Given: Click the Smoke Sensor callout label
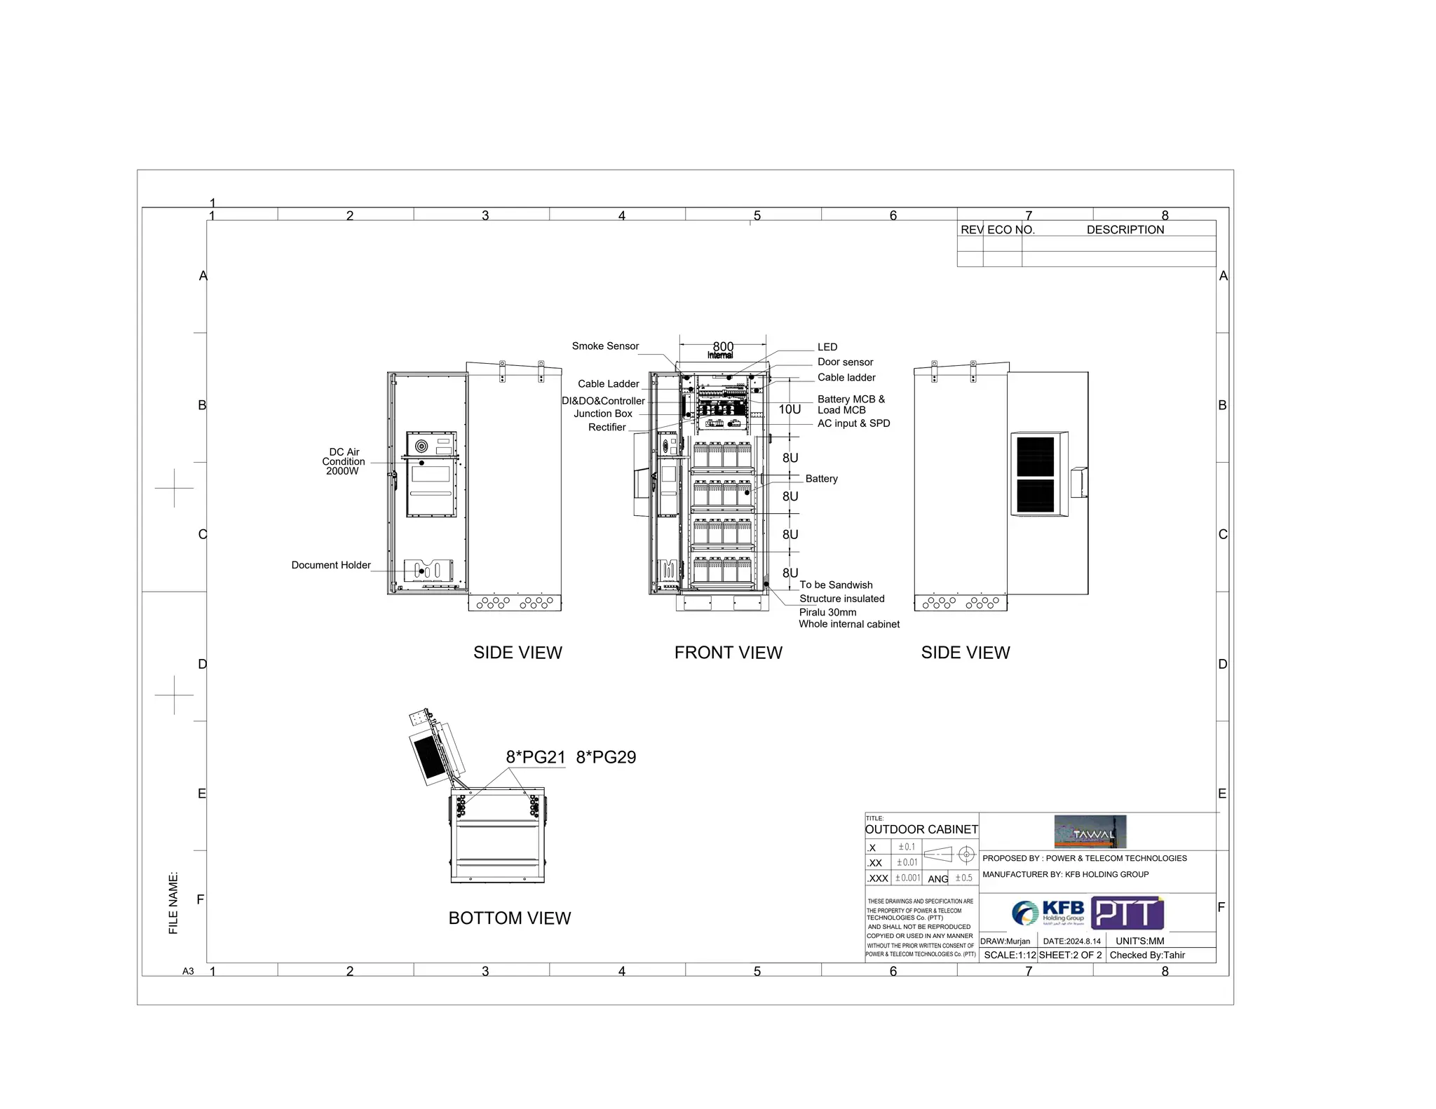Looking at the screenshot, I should pyautogui.click(x=605, y=346).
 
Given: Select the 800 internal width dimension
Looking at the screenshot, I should pyautogui.click(x=723, y=347).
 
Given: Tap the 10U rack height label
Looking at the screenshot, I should pyautogui.click(x=790, y=409).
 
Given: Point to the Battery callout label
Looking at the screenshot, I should pyautogui.click(x=821, y=479).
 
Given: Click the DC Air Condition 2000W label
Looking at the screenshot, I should pyautogui.click(x=343, y=461).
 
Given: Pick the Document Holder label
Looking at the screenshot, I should pyautogui.click(x=331, y=565).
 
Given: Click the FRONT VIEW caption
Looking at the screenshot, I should pyautogui.click(x=728, y=653).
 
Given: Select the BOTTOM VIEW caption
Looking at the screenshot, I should pyautogui.click(x=510, y=918).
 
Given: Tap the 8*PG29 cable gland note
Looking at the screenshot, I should pyautogui.click(x=606, y=757).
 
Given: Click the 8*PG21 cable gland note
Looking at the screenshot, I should pyautogui.click(x=536, y=757).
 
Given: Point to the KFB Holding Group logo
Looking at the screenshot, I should pyautogui.click(x=1048, y=913).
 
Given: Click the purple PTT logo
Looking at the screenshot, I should pyautogui.click(x=1127, y=913).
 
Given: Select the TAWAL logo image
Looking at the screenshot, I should pyautogui.click(x=1090, y=832).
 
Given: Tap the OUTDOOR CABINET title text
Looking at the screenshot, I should pyautogui.click(x=921, y=829).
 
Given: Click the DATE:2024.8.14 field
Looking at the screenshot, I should pyautogui.click(x=1071, y=941).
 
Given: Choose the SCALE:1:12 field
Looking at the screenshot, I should pyautogui.click(x=1010, y=955).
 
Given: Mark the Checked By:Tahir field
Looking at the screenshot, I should pyautogui.click(x=1147, y=955).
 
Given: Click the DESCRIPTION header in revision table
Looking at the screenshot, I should pyautogui.click(x=1125, y=230).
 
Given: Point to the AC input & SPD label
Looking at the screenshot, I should pyautogui.click(x=853, y=423).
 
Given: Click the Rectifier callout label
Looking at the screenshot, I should pyautogui.click(x=607, y=428).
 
